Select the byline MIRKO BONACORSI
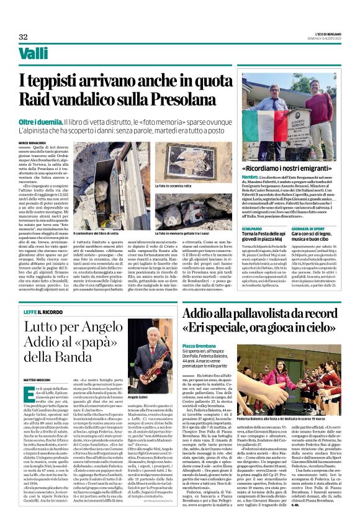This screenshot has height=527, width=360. click(33, 142)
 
